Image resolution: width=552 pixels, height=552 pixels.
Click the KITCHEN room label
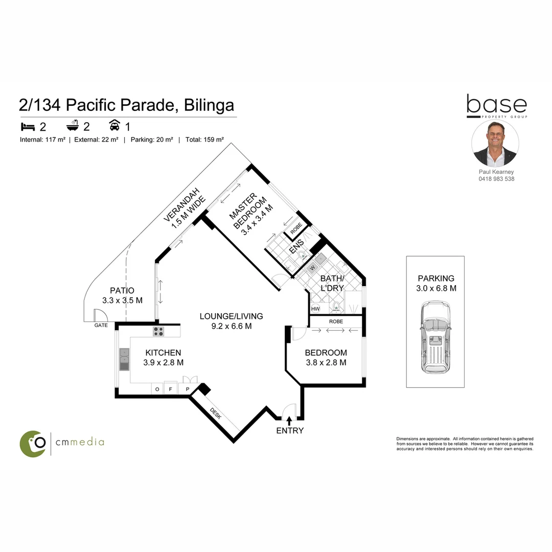(163, 353)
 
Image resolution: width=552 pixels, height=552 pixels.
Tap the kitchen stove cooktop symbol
(158, 331)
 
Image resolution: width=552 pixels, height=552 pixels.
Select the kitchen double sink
(124, 359)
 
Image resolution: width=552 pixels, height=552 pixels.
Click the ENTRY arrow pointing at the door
(290, 420)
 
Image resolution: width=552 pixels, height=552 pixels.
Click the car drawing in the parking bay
(435, 336)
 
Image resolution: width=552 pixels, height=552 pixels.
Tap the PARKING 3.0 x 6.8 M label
(436, 283)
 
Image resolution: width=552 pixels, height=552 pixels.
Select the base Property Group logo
(496, 106)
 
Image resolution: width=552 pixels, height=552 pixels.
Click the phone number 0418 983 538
(496, 179)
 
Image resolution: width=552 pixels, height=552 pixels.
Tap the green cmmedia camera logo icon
(33, 443)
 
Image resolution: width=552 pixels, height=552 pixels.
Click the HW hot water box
(315, 309)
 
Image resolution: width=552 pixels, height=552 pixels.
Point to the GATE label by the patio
(101, 325)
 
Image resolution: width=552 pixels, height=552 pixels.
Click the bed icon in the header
(27, 126)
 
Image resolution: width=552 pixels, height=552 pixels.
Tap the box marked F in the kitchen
(171, 389)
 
